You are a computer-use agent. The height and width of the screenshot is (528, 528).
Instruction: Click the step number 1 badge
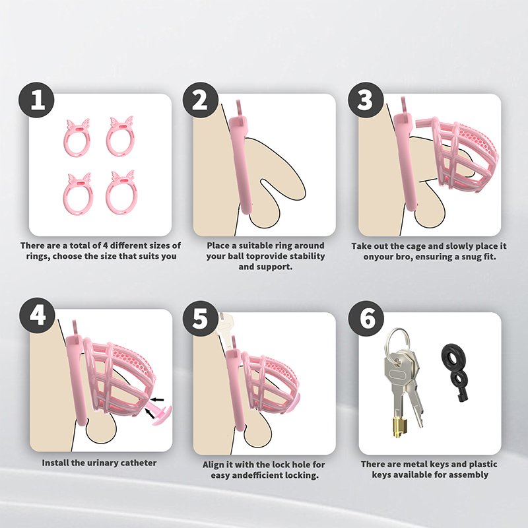[x=36, y=100]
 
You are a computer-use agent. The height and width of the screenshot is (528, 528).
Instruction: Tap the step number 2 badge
[x=201, y=100]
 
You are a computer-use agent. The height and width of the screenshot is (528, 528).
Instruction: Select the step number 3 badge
[x=366, y=100]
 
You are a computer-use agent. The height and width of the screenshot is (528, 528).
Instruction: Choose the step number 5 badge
[x=201, y=319]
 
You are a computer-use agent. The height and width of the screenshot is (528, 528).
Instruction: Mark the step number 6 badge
[x=366, y=319]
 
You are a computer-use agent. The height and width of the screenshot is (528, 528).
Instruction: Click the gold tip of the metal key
[x=400, y=428]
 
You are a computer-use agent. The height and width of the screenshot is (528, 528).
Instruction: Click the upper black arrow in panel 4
[x=157, y=400]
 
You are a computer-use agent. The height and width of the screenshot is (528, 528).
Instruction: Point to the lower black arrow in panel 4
[x=149, y=414]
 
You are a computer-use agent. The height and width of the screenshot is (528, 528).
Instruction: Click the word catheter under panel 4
[x=139, y=463]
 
